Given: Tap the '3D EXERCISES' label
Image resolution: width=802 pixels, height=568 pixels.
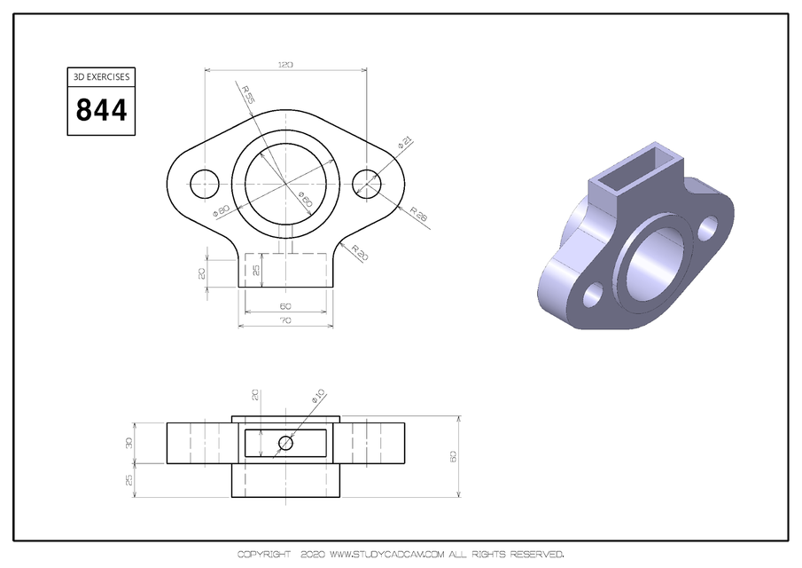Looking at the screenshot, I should [x=102, y=77].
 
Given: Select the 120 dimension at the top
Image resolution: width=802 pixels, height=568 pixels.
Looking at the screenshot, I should [x=285, y=65].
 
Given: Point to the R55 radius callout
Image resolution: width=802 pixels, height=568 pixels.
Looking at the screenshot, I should [x=246, y=94].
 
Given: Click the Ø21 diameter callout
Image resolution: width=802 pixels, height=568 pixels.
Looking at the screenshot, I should [x=403, y=141].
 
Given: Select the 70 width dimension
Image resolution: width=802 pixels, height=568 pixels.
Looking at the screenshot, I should [x=285, y=319].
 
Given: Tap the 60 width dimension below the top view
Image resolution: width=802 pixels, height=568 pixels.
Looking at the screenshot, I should [x=285, y=306].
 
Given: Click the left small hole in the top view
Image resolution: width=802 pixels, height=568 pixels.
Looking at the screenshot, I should [x=205, y=183].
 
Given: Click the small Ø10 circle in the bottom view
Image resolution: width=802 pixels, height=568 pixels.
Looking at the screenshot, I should [x=285, y=443].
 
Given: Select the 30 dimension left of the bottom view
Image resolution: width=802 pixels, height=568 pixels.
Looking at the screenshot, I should [x=128, y=442].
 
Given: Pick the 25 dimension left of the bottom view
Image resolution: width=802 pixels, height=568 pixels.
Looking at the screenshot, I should [x=128, y=479].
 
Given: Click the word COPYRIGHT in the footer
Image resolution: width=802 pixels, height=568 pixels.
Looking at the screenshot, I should [x=264, y=555].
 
